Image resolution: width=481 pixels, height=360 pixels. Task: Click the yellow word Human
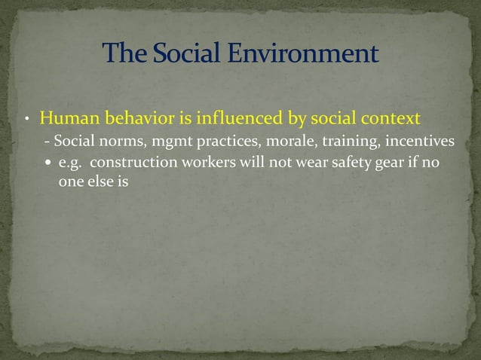pyautogui.click(x=66, y=119)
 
